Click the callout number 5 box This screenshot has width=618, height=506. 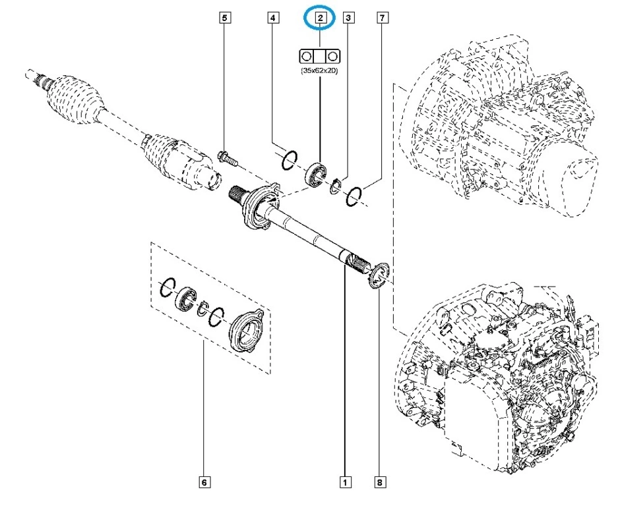225,18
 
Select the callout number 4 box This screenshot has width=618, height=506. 272,18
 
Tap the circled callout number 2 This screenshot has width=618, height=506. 321,18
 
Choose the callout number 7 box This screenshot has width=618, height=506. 381,18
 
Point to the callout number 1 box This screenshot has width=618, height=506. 344,483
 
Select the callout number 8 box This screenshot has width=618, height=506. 379,483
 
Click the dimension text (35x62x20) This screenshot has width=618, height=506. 321,69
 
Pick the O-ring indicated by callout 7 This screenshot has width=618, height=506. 355,194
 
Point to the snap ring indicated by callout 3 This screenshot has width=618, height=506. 336,186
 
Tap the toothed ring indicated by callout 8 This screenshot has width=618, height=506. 378,275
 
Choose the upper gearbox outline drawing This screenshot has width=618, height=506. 501,125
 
